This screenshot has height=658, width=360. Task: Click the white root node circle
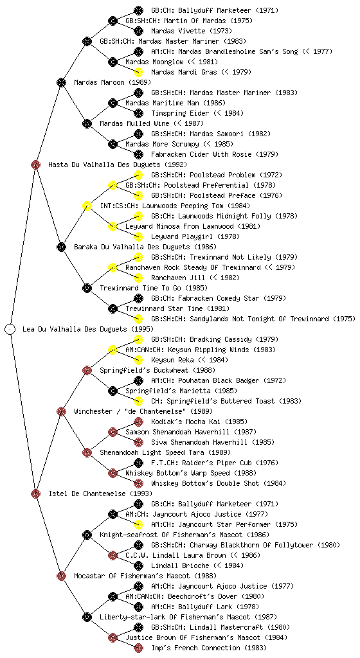click(x=10, y=330)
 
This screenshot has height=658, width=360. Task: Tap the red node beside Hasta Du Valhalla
click(x=35, y=165)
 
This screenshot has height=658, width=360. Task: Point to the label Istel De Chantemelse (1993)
click(x=100, y=494)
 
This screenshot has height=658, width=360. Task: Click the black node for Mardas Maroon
click(x=61, y=83)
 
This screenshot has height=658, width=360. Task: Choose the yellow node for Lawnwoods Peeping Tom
click(x=87, y=206)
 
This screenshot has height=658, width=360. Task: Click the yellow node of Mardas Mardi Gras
click(x=138, y=72)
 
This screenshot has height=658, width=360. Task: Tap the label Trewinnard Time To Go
click(x=141, y=289)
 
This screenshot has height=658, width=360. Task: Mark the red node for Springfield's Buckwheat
click(x=87, y=371)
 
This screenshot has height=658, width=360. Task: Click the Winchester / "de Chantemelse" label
click(x=143, y=412)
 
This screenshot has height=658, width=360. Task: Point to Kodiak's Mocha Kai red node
click(x=138, y=422)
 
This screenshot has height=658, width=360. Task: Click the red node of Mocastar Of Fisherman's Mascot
click(x=61, y=576)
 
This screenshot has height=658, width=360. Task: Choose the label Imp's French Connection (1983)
click(x=209, y=648)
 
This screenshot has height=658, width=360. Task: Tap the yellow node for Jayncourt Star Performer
click(x=138, y=524)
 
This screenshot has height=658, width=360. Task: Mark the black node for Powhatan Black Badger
click(x=138, y=380)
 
